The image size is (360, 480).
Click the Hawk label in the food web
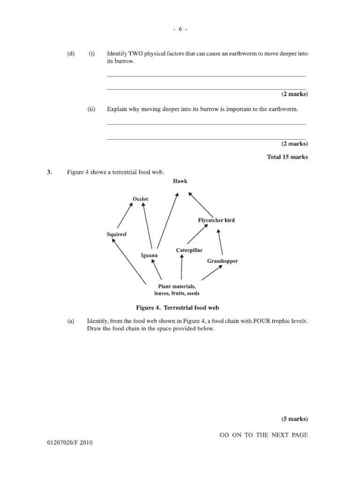[180, 181]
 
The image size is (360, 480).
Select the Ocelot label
[140, 199]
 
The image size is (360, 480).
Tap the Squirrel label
[117, 234]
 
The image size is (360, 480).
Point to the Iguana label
[150, 255]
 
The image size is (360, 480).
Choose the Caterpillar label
[189, 250]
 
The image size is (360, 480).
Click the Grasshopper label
[223, 261]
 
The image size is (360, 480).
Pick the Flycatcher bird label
[217, 220]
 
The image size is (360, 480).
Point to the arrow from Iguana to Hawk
[167, 220]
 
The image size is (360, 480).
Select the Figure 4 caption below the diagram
[178, 308]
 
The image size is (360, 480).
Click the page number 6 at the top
[180, 29]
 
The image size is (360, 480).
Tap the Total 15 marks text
[287, 157]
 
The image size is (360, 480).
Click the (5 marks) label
[294, 419]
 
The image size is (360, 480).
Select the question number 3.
[48, 172]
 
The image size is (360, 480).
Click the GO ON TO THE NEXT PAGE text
[264, 435]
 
